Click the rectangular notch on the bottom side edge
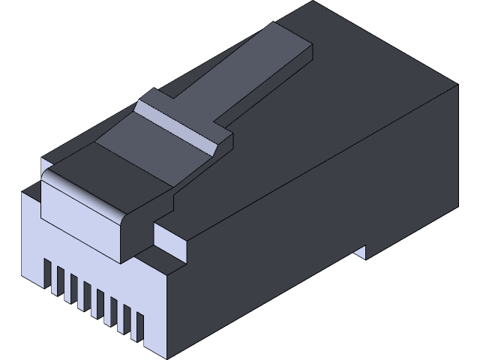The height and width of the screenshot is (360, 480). pyautogui.click(x=360, y=252)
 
